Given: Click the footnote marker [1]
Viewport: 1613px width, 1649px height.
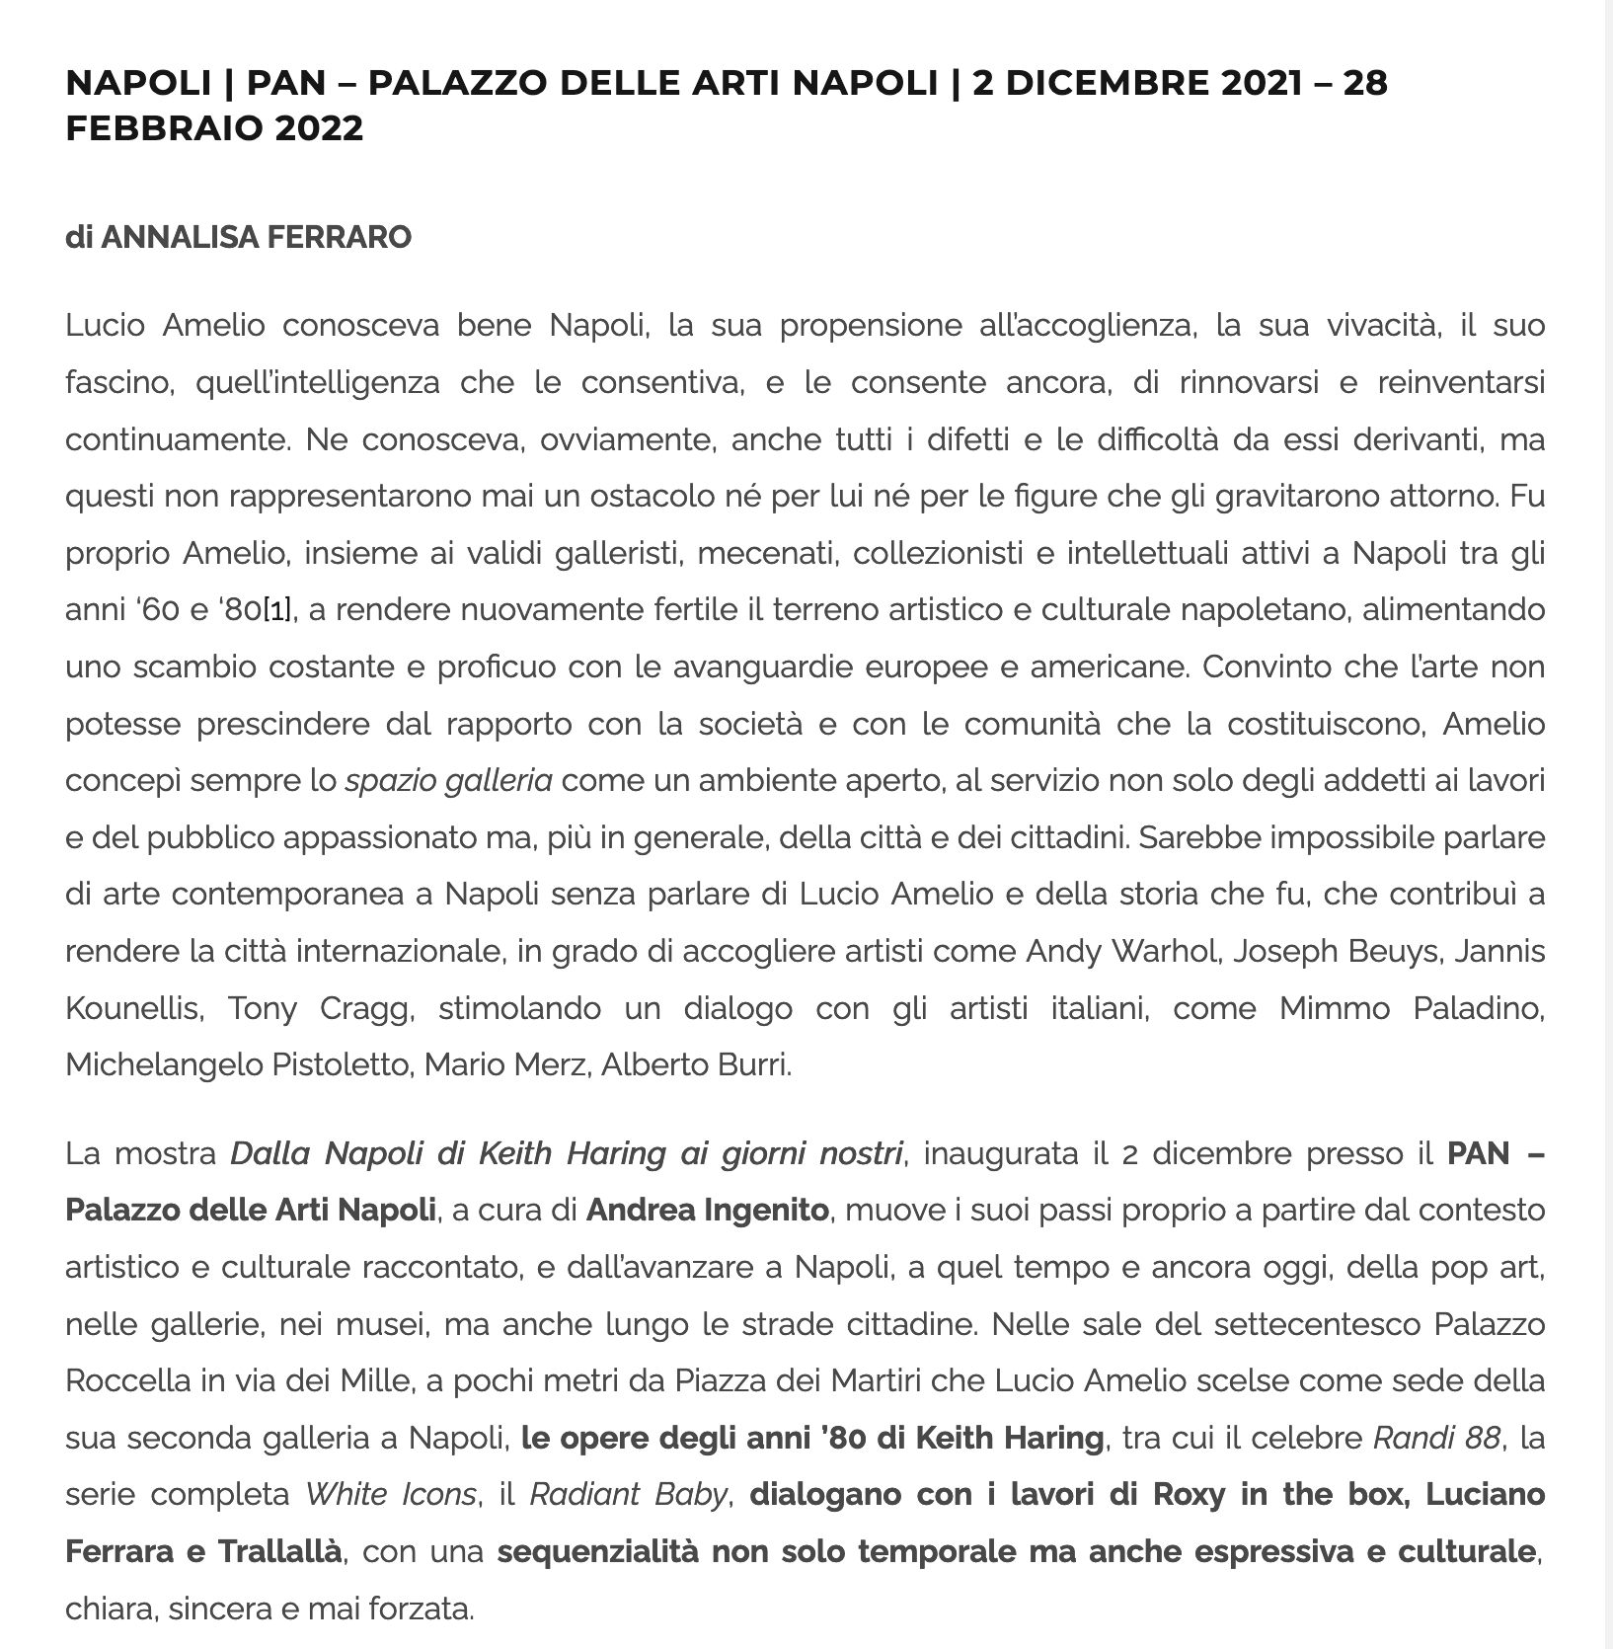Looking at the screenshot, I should [276, 610].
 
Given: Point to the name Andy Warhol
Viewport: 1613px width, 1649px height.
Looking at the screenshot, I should [1117, 952].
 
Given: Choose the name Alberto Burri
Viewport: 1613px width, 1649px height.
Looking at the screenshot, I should [696, 1065].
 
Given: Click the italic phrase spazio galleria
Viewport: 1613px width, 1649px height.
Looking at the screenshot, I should [448, 781].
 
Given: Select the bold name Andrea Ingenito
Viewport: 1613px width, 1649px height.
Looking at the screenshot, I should [707, 1210].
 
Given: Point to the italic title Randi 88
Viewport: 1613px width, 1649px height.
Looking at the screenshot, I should [1436, 1438].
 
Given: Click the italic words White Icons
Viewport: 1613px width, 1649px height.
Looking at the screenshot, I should [391, 1495].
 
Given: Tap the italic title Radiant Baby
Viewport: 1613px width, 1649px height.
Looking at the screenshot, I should [629, 1495].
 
